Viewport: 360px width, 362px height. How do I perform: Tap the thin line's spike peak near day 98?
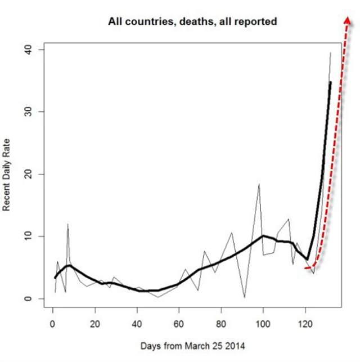(259, 184)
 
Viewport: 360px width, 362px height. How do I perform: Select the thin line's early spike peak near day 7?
(67, 224)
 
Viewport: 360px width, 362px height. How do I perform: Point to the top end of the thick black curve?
(330, 82)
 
